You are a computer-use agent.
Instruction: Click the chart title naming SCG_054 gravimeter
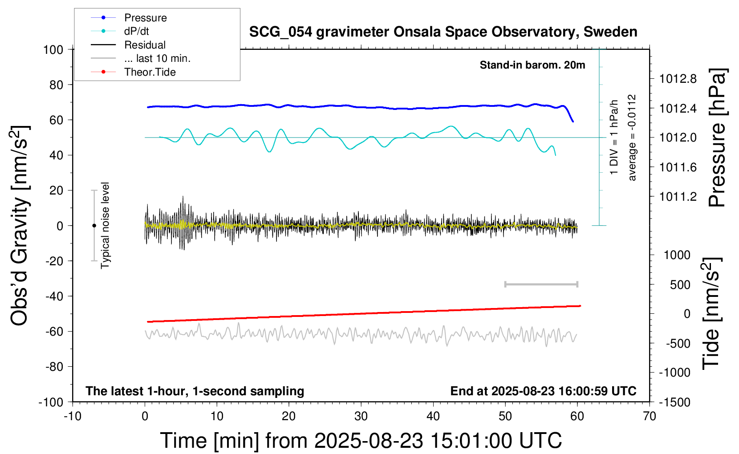point(443,32)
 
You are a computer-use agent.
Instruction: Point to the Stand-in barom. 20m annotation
point(532,65)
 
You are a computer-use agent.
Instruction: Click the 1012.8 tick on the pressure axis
point(678,79)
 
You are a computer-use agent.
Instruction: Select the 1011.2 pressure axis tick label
point(678,196)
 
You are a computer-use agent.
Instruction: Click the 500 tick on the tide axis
point(680,284)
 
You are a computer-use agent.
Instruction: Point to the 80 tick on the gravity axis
point(56,85)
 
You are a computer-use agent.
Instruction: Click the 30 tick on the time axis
point(361,417)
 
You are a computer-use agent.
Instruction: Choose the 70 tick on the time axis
point(650,417)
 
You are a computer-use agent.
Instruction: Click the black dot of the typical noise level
point(94,226)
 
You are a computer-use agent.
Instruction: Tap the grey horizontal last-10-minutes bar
point(541,284)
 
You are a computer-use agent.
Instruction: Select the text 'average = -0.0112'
point(632,138)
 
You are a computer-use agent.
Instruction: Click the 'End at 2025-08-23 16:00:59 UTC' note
point(543,391)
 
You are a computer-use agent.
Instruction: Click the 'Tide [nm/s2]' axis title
point(711,314)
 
